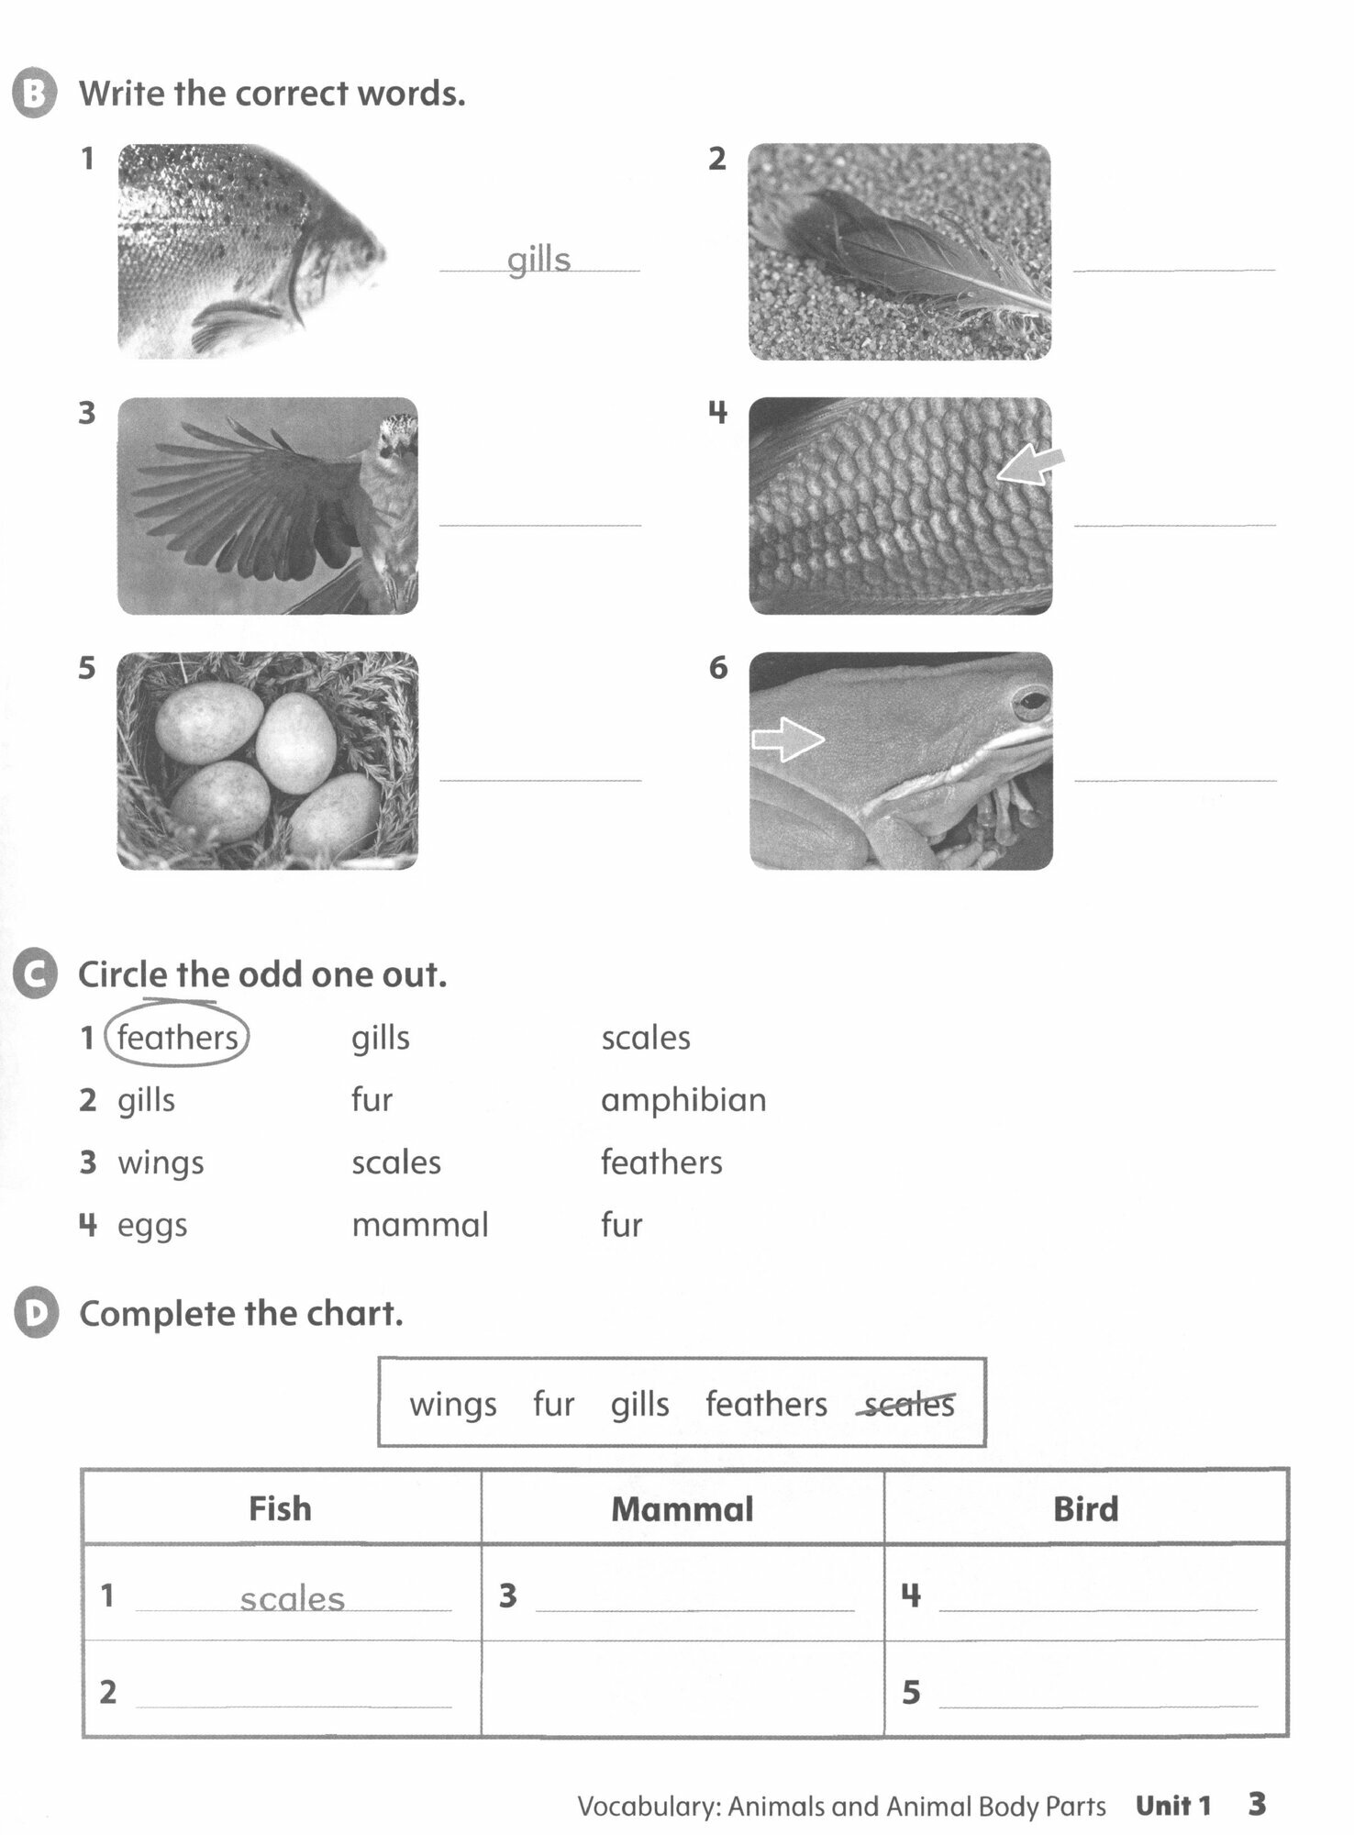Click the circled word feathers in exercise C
177,1038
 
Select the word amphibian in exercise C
683,1099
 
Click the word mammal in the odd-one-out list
420,1225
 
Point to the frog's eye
1031,705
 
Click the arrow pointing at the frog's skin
788,739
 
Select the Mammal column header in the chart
683,1509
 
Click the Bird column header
1085,1509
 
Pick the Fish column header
280,1509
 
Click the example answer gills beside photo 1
539,260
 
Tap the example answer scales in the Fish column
292,1599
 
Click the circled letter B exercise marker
35,95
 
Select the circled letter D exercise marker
36,1313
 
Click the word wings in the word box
453,1405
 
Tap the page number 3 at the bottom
1257,1804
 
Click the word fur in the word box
553,1404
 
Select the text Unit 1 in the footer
1173,1806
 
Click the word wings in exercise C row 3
161,1163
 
